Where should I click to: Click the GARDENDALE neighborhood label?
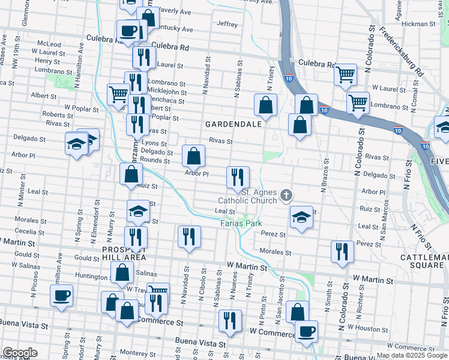(234, 124)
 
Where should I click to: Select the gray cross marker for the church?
(287, 194)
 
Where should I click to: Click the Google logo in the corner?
(19, 353)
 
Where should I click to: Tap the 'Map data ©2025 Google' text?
(412, 356)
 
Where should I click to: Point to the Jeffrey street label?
(228, 24)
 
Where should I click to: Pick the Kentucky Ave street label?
(175, 29)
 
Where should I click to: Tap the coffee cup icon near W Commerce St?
(306, 331)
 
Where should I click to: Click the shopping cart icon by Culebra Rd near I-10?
(346, 74)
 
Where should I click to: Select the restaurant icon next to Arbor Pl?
(238, 176)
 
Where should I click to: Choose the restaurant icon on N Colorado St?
(342, 251)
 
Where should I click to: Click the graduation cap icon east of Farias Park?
(301, 217)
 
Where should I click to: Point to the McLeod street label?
(49, 44)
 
